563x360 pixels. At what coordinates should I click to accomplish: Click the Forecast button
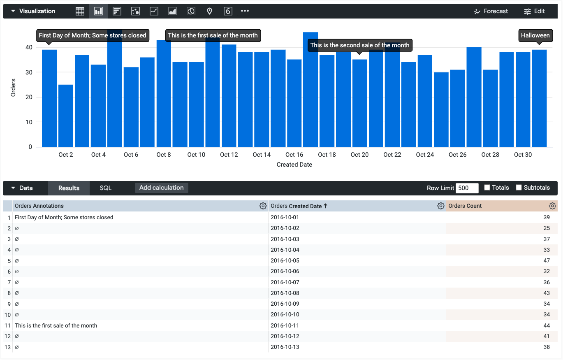point(491,11)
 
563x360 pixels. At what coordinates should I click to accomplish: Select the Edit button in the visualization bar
point(534,11)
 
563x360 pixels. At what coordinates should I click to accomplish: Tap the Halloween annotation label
point(535,35)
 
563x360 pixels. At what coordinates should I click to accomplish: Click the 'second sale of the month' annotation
point(359,45)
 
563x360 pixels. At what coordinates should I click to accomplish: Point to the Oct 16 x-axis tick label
point(294,155)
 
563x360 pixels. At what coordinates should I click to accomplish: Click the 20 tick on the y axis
point(29,97)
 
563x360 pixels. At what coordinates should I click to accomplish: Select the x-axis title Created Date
point(294,165)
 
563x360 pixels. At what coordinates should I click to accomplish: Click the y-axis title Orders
point(13,88)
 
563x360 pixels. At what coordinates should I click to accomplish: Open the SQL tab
point(106,188)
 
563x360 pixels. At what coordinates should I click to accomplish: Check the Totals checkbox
point(487,188)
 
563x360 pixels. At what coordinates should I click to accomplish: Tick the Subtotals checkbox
point(519,188)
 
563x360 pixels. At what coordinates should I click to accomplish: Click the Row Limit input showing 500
point(467,188)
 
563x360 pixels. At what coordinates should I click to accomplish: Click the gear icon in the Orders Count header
point(552,206)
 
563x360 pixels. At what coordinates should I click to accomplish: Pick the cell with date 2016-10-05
point(285,261)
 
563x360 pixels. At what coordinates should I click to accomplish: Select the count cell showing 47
point(547,261)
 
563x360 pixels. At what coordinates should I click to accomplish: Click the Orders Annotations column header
point(39,206)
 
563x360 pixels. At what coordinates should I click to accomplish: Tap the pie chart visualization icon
point(191,11)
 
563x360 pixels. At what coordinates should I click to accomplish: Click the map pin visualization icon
point(209,11)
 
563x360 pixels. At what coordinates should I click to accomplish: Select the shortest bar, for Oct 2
point(65,116)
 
